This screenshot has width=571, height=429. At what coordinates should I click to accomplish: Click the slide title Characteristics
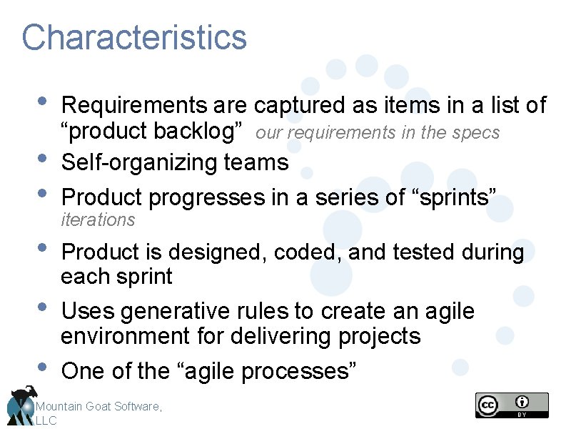pos(134,37)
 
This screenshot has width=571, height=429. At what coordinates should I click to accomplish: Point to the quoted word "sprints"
pos(454,197)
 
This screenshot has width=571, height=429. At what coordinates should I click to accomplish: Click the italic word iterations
pos(98,220)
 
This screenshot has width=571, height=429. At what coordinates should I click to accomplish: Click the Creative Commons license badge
pos(512,405)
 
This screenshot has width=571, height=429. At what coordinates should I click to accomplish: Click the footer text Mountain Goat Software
pos(99,406)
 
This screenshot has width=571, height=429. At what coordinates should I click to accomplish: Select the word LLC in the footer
pos(46,421)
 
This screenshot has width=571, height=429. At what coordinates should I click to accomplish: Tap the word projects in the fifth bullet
pos(376,336)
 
